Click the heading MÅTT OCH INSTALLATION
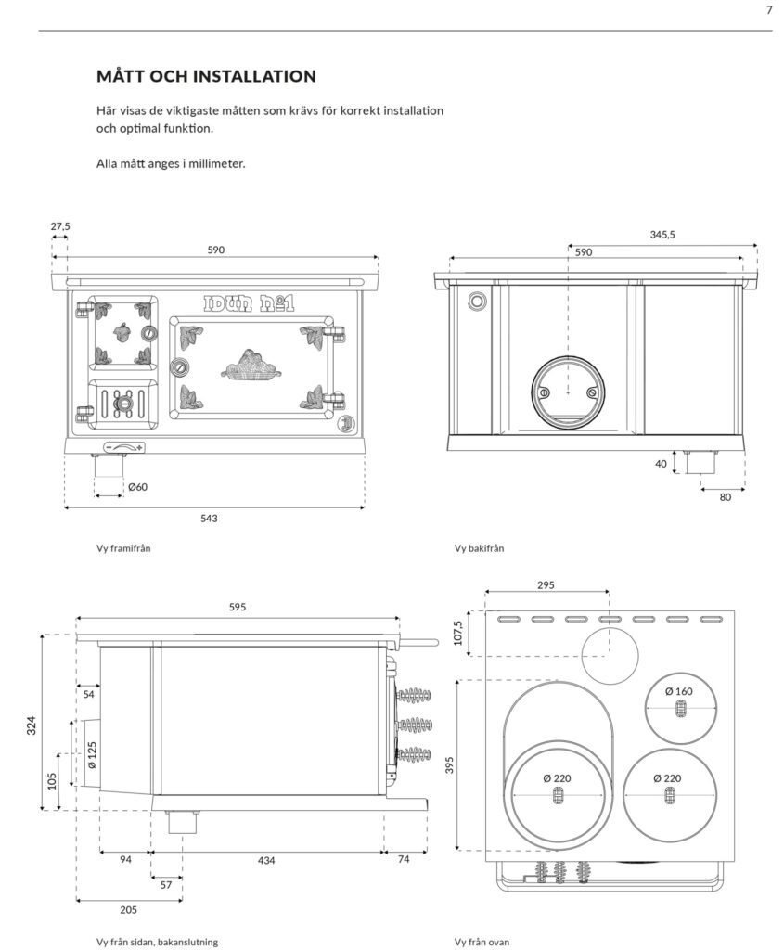click(206, 75)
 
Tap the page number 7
click(768, 11)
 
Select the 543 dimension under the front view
click(209, 518)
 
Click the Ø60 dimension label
click(137, 487)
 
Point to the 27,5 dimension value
click(60, 225)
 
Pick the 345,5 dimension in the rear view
click(662, 235)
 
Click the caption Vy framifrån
click(122, 548)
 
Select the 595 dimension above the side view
click(238, 607)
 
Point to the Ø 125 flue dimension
click(92, 756)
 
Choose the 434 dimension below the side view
click(266, 860)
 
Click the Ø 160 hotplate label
click(679, 691)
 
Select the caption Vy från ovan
click(482, 942)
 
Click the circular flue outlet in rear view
click(567, 390)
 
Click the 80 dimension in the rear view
click(725, 497)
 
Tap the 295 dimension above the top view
click(546, 585)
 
